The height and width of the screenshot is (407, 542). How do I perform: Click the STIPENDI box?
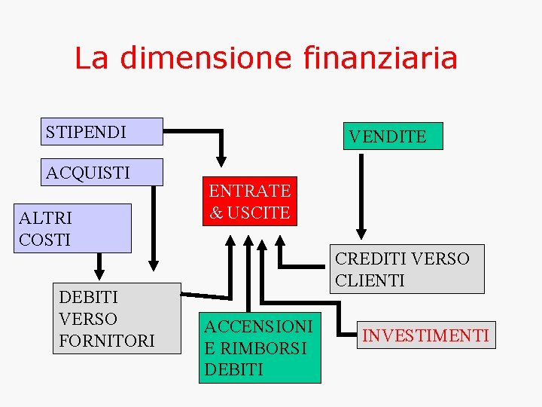pos(104,132)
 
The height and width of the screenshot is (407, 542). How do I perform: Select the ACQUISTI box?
pos(104,172)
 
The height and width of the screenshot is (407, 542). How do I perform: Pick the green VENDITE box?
pos(393,136)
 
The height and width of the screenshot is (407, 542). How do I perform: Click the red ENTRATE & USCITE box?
pos(249,202)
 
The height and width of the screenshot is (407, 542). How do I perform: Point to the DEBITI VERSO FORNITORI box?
pos(117,318)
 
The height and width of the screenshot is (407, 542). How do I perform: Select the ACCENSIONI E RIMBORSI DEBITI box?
pos(260,347)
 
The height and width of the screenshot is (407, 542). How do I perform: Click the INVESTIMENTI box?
pos(426,335)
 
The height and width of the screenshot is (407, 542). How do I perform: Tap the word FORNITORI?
pos(107,341)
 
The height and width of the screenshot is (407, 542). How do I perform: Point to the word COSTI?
pos(44,240)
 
